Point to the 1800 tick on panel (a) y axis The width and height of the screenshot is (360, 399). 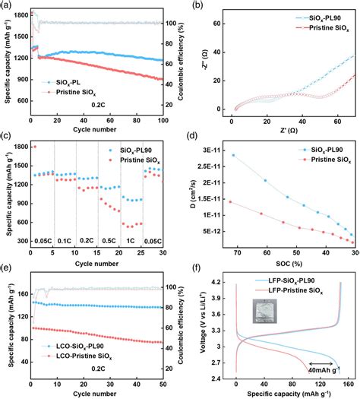(18, 14)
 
